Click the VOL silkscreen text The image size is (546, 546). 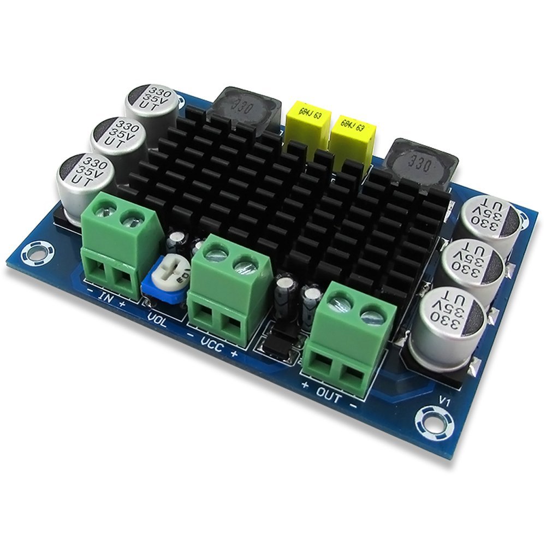[158, 316]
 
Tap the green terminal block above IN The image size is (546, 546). [119, 240]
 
